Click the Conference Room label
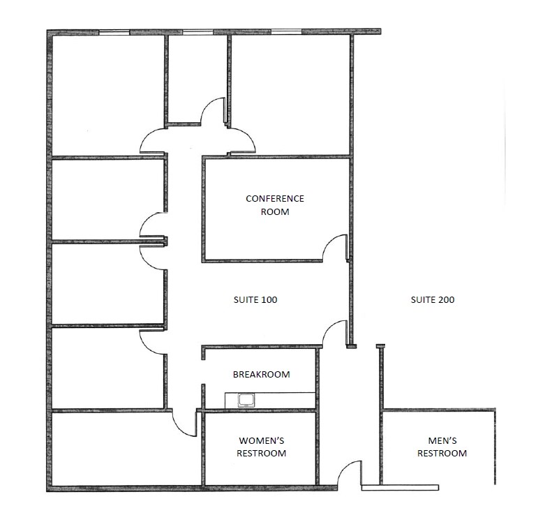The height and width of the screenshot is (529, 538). pyautogui.click(x=275, y=204)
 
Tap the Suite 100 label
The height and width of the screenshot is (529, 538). pyautogui.click(x=255, y=300)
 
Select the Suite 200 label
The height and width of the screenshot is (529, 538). pyautogui.click(x=432, y=300)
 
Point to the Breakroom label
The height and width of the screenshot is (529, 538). pyautogui.click(x=261, y=375)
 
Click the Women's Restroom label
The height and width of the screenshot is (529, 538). pyautogui.click(x=262, y=447)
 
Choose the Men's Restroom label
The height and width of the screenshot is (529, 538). pyautogui.click(x=442, y=447)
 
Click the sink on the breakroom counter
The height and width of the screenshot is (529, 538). pyautogui.click(x=246, y=400)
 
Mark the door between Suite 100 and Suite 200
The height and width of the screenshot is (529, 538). pyautogui.click(x=336, y=332)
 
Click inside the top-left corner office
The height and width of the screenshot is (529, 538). pyautogui.click(x=107, y=94)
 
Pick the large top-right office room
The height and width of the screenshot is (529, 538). pyautogui.click(x=290, y=94)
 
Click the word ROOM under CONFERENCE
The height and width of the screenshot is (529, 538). pyautogui.click(x=275, y=211)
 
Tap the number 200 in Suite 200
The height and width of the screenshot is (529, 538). pyautogui.click(x=446, y=300)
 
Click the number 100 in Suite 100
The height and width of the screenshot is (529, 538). pyautogui.click(x=269, y=300)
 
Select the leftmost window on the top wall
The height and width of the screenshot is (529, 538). pyautogui.click(x=114, y=32)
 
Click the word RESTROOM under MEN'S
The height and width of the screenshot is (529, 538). pyautogui.click(x=442, y=454)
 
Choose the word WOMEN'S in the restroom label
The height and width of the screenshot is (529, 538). pyautogui.click(x=262, y=440)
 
